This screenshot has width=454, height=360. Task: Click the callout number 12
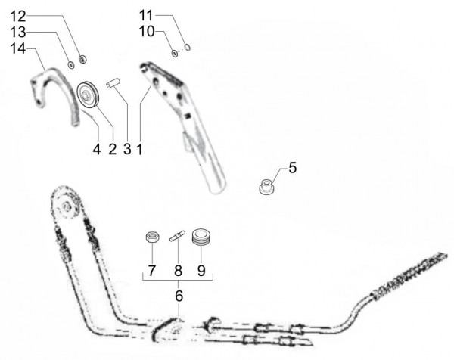[18, 17]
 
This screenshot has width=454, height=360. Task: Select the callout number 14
[18, 48]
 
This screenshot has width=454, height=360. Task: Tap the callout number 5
[293, 168]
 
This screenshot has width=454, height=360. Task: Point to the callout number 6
[179, 296]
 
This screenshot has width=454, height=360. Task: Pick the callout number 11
[146, 15]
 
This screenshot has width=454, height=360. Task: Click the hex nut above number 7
[152, 237]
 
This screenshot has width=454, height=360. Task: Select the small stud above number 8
[177, 234]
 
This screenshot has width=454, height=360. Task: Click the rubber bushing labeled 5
[266, 187]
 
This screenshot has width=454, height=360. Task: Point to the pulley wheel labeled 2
[88, 95]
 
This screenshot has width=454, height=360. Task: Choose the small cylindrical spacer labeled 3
[113, 82]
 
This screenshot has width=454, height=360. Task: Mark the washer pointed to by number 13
[70, 65]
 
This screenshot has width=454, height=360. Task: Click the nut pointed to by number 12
[82, 59]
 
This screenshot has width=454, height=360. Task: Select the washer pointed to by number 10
[175, 53]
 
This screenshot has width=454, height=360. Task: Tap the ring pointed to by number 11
[188, 47]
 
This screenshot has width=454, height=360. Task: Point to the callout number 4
[97, 149]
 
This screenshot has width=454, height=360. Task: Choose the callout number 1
[139, 150]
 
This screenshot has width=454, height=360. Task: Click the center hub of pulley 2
[86, 95]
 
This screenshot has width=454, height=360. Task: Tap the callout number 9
[201, 271]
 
